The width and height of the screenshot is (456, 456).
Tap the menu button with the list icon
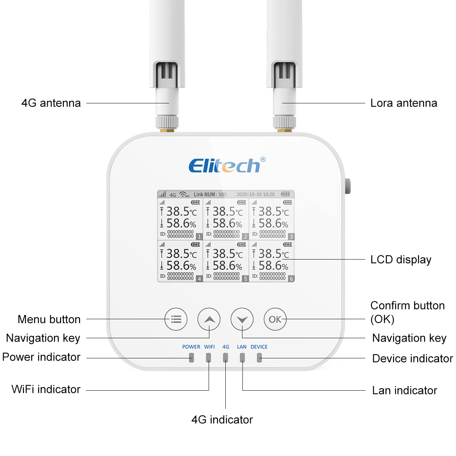pos(176,319)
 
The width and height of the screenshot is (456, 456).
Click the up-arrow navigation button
pos(209,319)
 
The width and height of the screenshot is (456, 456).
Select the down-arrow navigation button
pos(242,319)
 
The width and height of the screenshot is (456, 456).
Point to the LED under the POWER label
pos(191,358)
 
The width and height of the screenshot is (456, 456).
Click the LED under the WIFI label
pos(208,358)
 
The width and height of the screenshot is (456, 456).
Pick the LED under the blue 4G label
pos(225,358)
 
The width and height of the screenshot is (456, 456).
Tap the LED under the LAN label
pos(242,358)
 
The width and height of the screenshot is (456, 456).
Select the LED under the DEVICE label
pos(259,358)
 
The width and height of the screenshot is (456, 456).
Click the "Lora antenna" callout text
pos(404,103)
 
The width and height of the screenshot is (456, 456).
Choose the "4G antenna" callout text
pos(51,103)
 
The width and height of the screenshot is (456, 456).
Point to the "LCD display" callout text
pos(401,260)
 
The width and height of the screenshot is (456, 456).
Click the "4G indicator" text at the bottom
pos(222,420)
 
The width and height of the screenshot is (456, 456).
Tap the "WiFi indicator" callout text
pos(46,389)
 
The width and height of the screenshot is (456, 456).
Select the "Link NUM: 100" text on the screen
pos(210,194)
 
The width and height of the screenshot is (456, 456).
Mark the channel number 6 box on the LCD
pos(291,279)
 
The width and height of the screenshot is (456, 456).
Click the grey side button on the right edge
pos(348,186)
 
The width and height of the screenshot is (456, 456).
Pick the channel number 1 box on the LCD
pos(199,236)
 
